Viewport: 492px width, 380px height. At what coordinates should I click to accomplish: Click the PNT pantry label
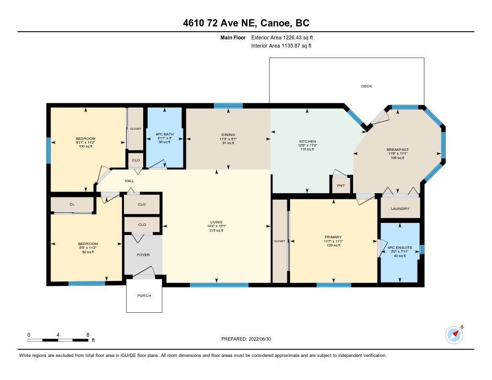pyautogui.click(x=341, y=186)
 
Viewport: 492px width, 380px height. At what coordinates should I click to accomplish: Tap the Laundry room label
pyautogui.click(x=400, y=208)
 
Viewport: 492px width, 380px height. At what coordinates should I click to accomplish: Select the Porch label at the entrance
pyautogui.click(x=144, y=295)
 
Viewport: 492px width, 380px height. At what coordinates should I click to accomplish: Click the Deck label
pyautogui.click(x=367, y=86)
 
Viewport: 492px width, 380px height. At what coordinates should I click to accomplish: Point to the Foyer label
pyautogui.click(x=143, y=255)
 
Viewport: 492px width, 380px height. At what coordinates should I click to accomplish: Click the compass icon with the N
pyautogui.click(x=455, y=335)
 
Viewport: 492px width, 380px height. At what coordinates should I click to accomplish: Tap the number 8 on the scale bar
pyautogui.click(x=88, y=335)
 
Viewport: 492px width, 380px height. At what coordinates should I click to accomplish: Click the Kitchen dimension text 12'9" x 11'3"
pyautogui.click(x=307, y=145)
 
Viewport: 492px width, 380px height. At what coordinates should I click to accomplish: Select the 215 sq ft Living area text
pyautogui.click(x=216, y=230)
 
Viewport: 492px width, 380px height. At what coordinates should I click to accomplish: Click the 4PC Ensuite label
pyautogui.click(x=400, y=247)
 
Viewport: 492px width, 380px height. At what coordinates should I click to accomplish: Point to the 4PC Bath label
pyautogui.click(x=164, y=135)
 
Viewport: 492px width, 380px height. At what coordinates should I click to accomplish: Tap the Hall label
pyautogui.click(x=129, y=181)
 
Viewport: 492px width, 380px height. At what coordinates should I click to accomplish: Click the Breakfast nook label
pyautogui.click(x=397, y=150)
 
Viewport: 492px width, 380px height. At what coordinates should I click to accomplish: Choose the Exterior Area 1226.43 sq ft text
pyautogui.click(x=282, y=37)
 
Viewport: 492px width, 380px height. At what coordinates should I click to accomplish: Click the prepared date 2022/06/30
pyautogui.click(x=260, y=339)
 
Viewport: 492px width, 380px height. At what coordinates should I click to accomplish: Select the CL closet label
pyautogui.click(x=72, y=204)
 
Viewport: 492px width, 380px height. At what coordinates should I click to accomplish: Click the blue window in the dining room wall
pyautogui.click(x=228, y=106)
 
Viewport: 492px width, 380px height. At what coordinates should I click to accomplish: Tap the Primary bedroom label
pyautogui.click(x=333, y=237)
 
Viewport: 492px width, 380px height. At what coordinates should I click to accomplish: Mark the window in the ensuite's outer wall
pyautogui.click(x=422, y=249)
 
